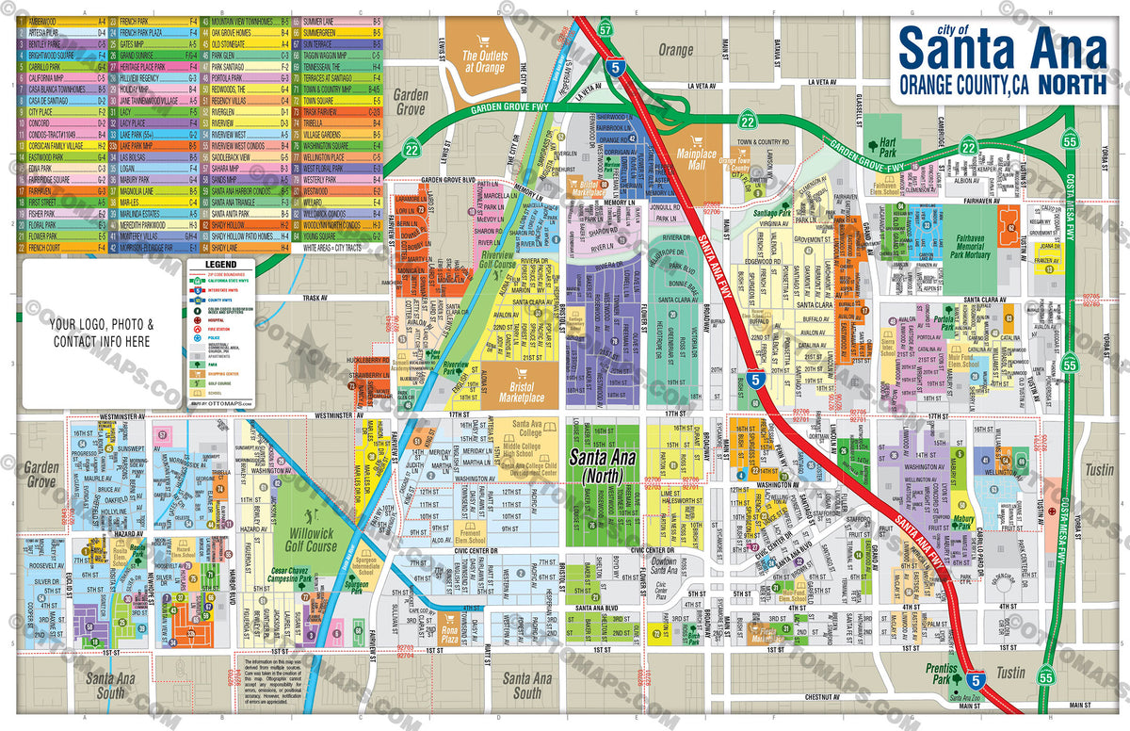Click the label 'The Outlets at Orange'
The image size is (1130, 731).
pos(483,62)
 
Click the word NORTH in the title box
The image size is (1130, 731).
pos(1072,84)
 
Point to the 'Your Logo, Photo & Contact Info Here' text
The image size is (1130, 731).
pos(102,333)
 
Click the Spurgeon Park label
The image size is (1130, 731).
pos(357,585)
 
